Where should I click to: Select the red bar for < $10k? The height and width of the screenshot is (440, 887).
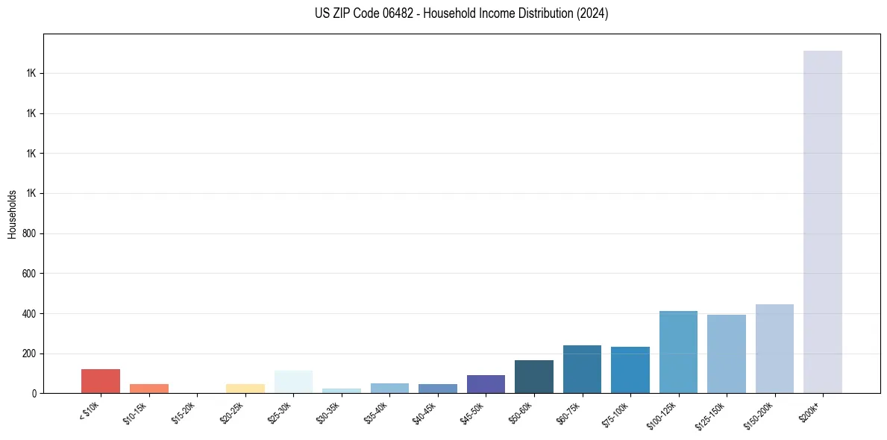[101, 381]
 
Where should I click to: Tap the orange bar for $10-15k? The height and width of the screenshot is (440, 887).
[148, 389]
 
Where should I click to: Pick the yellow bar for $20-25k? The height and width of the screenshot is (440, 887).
[245, 389]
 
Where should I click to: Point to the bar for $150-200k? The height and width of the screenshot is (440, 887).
[774, 348]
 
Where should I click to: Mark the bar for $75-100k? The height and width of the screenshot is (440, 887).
[630, 370]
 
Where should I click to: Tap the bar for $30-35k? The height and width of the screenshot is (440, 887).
[341, 391]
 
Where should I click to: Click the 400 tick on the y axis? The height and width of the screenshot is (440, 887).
[30, 314]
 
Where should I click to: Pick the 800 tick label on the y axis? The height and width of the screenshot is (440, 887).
[30, 233]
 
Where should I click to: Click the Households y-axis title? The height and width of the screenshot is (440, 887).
[12, 213]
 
